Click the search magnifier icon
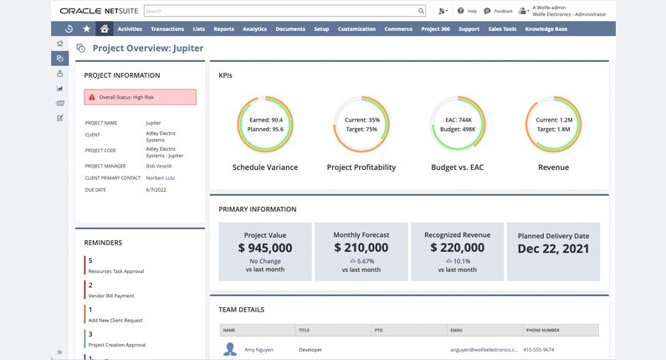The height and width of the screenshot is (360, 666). (x=421, y=12)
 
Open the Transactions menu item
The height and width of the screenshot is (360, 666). (x=168, y=28)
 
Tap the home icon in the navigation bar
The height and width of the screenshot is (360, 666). (x=104, y=28)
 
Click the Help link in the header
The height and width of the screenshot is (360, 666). (x=468, y=12)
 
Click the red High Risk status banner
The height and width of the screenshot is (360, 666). (x=141, y=97)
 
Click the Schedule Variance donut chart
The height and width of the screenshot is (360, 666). (x=264, y=125)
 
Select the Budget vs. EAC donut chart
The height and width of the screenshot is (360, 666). (x=458, y=125)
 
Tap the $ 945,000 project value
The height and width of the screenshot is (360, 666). (x=264, y=248)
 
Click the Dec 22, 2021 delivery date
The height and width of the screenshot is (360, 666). (x=553, y=249)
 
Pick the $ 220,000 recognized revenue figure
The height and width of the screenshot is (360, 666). (x=457, y=247)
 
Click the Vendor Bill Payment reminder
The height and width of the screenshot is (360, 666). (x=111, y=296)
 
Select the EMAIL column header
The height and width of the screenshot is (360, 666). (x=458, y=330)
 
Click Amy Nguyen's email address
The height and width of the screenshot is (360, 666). (x=484, y=349)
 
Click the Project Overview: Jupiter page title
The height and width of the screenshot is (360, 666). (x=147, y=49)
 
